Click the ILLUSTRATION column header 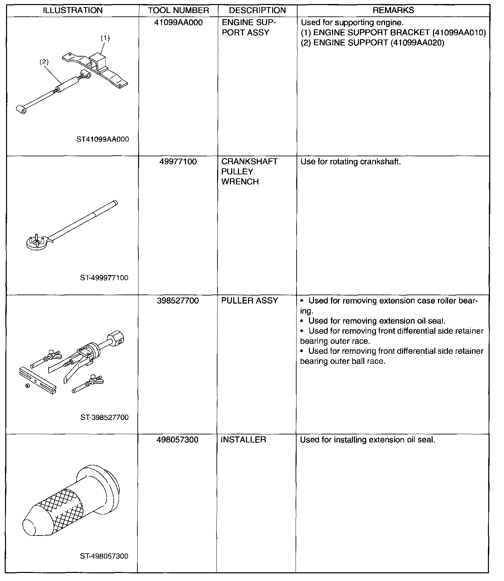coord(73,10)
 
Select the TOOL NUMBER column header coord(178,10)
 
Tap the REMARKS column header coord(393,10)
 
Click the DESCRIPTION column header coord(257,10)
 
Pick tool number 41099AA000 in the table coord(179,23)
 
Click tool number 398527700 coord(178,301)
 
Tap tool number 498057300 coord(178,439)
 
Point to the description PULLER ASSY coord(250,301)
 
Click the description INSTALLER coord(244,439)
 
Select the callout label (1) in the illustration coord(105,38)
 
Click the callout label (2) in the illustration coord(44,62)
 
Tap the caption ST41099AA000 coord(103,139)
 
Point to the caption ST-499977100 coord(104,278)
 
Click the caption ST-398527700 coord(104,417)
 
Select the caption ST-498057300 coord(104,556)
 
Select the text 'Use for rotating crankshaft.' coord(351,162)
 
